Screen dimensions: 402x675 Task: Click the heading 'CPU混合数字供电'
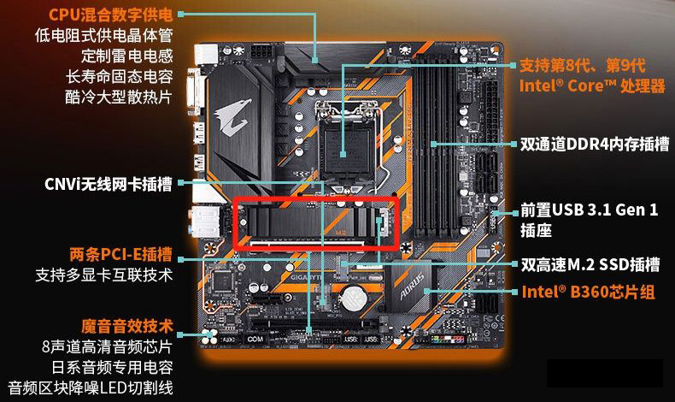click(x=110, y=15)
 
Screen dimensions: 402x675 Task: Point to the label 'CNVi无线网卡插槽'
click(x=108, y=184)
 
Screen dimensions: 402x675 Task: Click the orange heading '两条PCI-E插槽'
click(x=120, y=254)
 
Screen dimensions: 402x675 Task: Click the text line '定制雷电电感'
click(x=127, y=56)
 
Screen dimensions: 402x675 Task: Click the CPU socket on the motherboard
click(x=350, y=141)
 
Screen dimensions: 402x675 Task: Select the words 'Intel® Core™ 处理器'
click(x=591, y=86)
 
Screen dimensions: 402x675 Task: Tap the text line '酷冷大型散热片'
click(x=117, y=97)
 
